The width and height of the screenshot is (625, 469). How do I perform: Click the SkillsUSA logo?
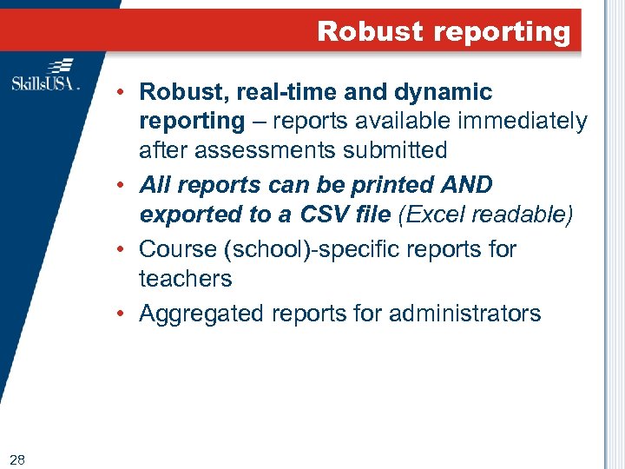pos(45,76)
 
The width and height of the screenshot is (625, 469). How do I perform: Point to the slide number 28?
pos(17,459)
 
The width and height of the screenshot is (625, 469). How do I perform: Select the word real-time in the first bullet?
pos(271,92)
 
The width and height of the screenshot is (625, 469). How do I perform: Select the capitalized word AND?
pos(468,185)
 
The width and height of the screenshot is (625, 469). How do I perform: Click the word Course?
pos(178,249)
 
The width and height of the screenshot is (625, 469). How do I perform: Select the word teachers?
pos(185,279)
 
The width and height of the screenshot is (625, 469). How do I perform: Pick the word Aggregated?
pos(201,314)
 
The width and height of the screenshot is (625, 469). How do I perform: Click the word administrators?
pos(468,314)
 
